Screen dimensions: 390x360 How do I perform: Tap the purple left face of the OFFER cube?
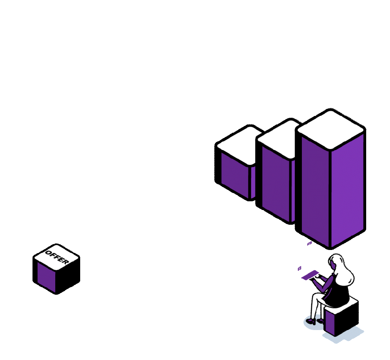[x=46, y=277]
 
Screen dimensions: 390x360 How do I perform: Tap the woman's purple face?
[x=333, y=265]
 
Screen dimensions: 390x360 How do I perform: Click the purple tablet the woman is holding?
[x=310, y=275]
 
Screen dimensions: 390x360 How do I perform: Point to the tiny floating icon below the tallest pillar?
[x=309, y=243]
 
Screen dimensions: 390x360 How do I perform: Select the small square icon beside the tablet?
[x=299, y=269]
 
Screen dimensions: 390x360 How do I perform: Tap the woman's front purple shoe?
[x=311, y=321]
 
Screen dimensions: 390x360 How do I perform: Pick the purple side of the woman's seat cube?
[x=329, y=320]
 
